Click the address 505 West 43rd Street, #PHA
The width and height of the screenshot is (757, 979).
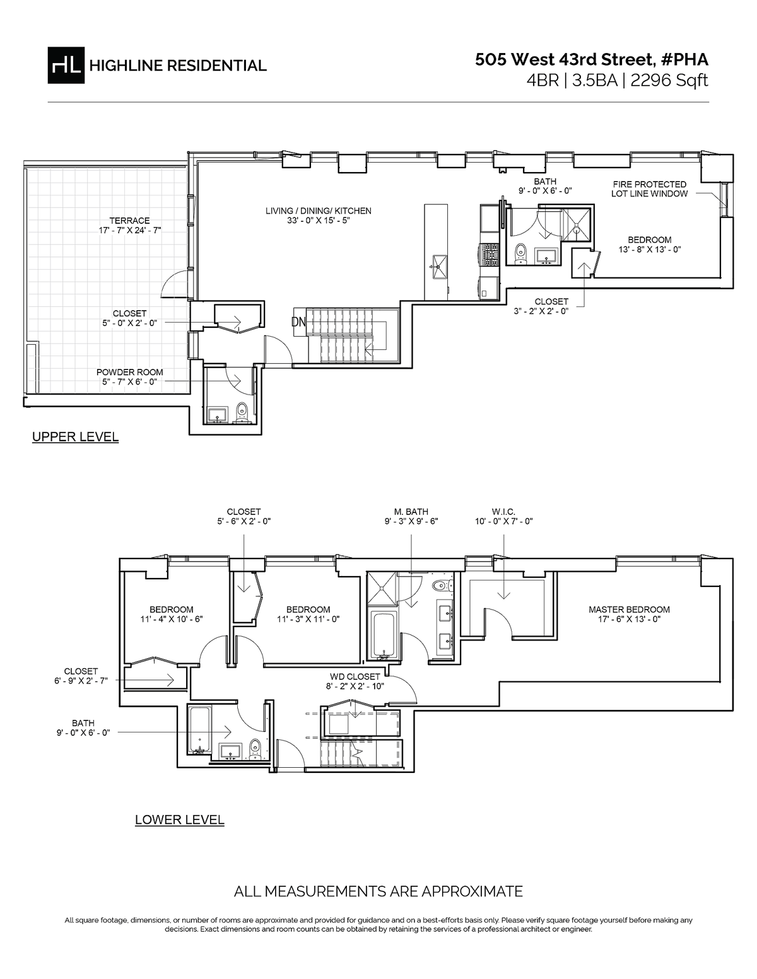coord(592,59)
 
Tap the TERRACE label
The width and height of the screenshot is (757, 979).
coord(129,221)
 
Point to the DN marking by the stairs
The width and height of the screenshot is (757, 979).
coord(298,321)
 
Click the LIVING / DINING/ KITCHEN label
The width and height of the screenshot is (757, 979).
coord(318,211)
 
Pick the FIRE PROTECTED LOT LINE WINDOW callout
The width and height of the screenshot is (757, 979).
coord(649,189)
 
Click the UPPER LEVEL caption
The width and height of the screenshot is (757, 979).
coord(75,437)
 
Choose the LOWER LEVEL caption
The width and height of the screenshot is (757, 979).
coord(180,820)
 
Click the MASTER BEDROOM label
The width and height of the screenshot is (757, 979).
coord(629,610)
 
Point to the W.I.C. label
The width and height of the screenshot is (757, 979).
coord(504,512)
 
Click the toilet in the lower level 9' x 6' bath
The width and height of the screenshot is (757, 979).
coord(255,747)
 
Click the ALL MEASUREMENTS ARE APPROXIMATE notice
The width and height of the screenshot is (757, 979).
coord(378,891)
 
